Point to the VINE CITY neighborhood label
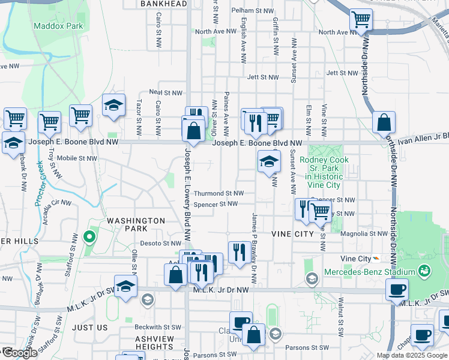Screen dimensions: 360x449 coord(292,233)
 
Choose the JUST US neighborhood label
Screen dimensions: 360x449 coord(90,328)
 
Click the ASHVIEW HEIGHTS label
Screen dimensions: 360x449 coord(154,343)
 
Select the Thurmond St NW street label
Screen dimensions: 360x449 coord(218,193)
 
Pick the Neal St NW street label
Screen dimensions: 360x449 coord(165,92)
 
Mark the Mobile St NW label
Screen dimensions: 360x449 coord(77,158)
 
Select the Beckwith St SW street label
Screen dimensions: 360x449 coord(154,327)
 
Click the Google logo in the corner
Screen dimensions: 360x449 coord(19,353)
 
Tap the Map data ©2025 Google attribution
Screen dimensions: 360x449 coord(412,355)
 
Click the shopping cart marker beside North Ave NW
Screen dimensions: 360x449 coord(361,20)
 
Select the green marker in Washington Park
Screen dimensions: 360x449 coord(89,237)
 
